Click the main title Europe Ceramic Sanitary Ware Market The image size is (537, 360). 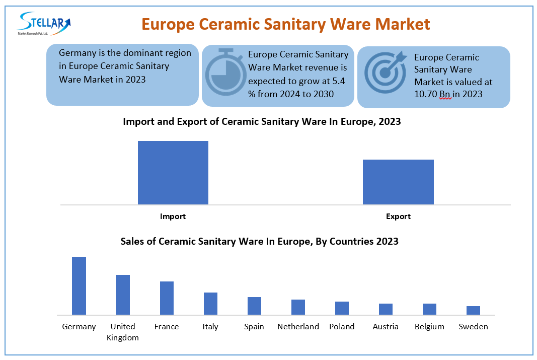tap(285, 24)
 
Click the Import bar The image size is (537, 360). tap(173, 173)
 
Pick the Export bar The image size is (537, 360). tap(398, 182)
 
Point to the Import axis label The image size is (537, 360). tap(173, 217)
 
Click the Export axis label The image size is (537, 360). tap(398, 217)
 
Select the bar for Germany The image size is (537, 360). tap(79, 286)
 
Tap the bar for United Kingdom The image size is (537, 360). tap(123, 295)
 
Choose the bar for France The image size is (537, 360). tap(167, 298)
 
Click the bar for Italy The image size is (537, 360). tap(210, 304)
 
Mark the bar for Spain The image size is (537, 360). tap(254, 306)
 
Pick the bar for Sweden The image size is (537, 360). tap(473, 311)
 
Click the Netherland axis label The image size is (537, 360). tap(298, 327)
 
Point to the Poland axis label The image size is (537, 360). tap(342, 327)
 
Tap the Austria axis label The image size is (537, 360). tap(386, 327)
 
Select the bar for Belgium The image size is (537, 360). tap(429, 309)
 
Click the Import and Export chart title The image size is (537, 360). tap(262, 121)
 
